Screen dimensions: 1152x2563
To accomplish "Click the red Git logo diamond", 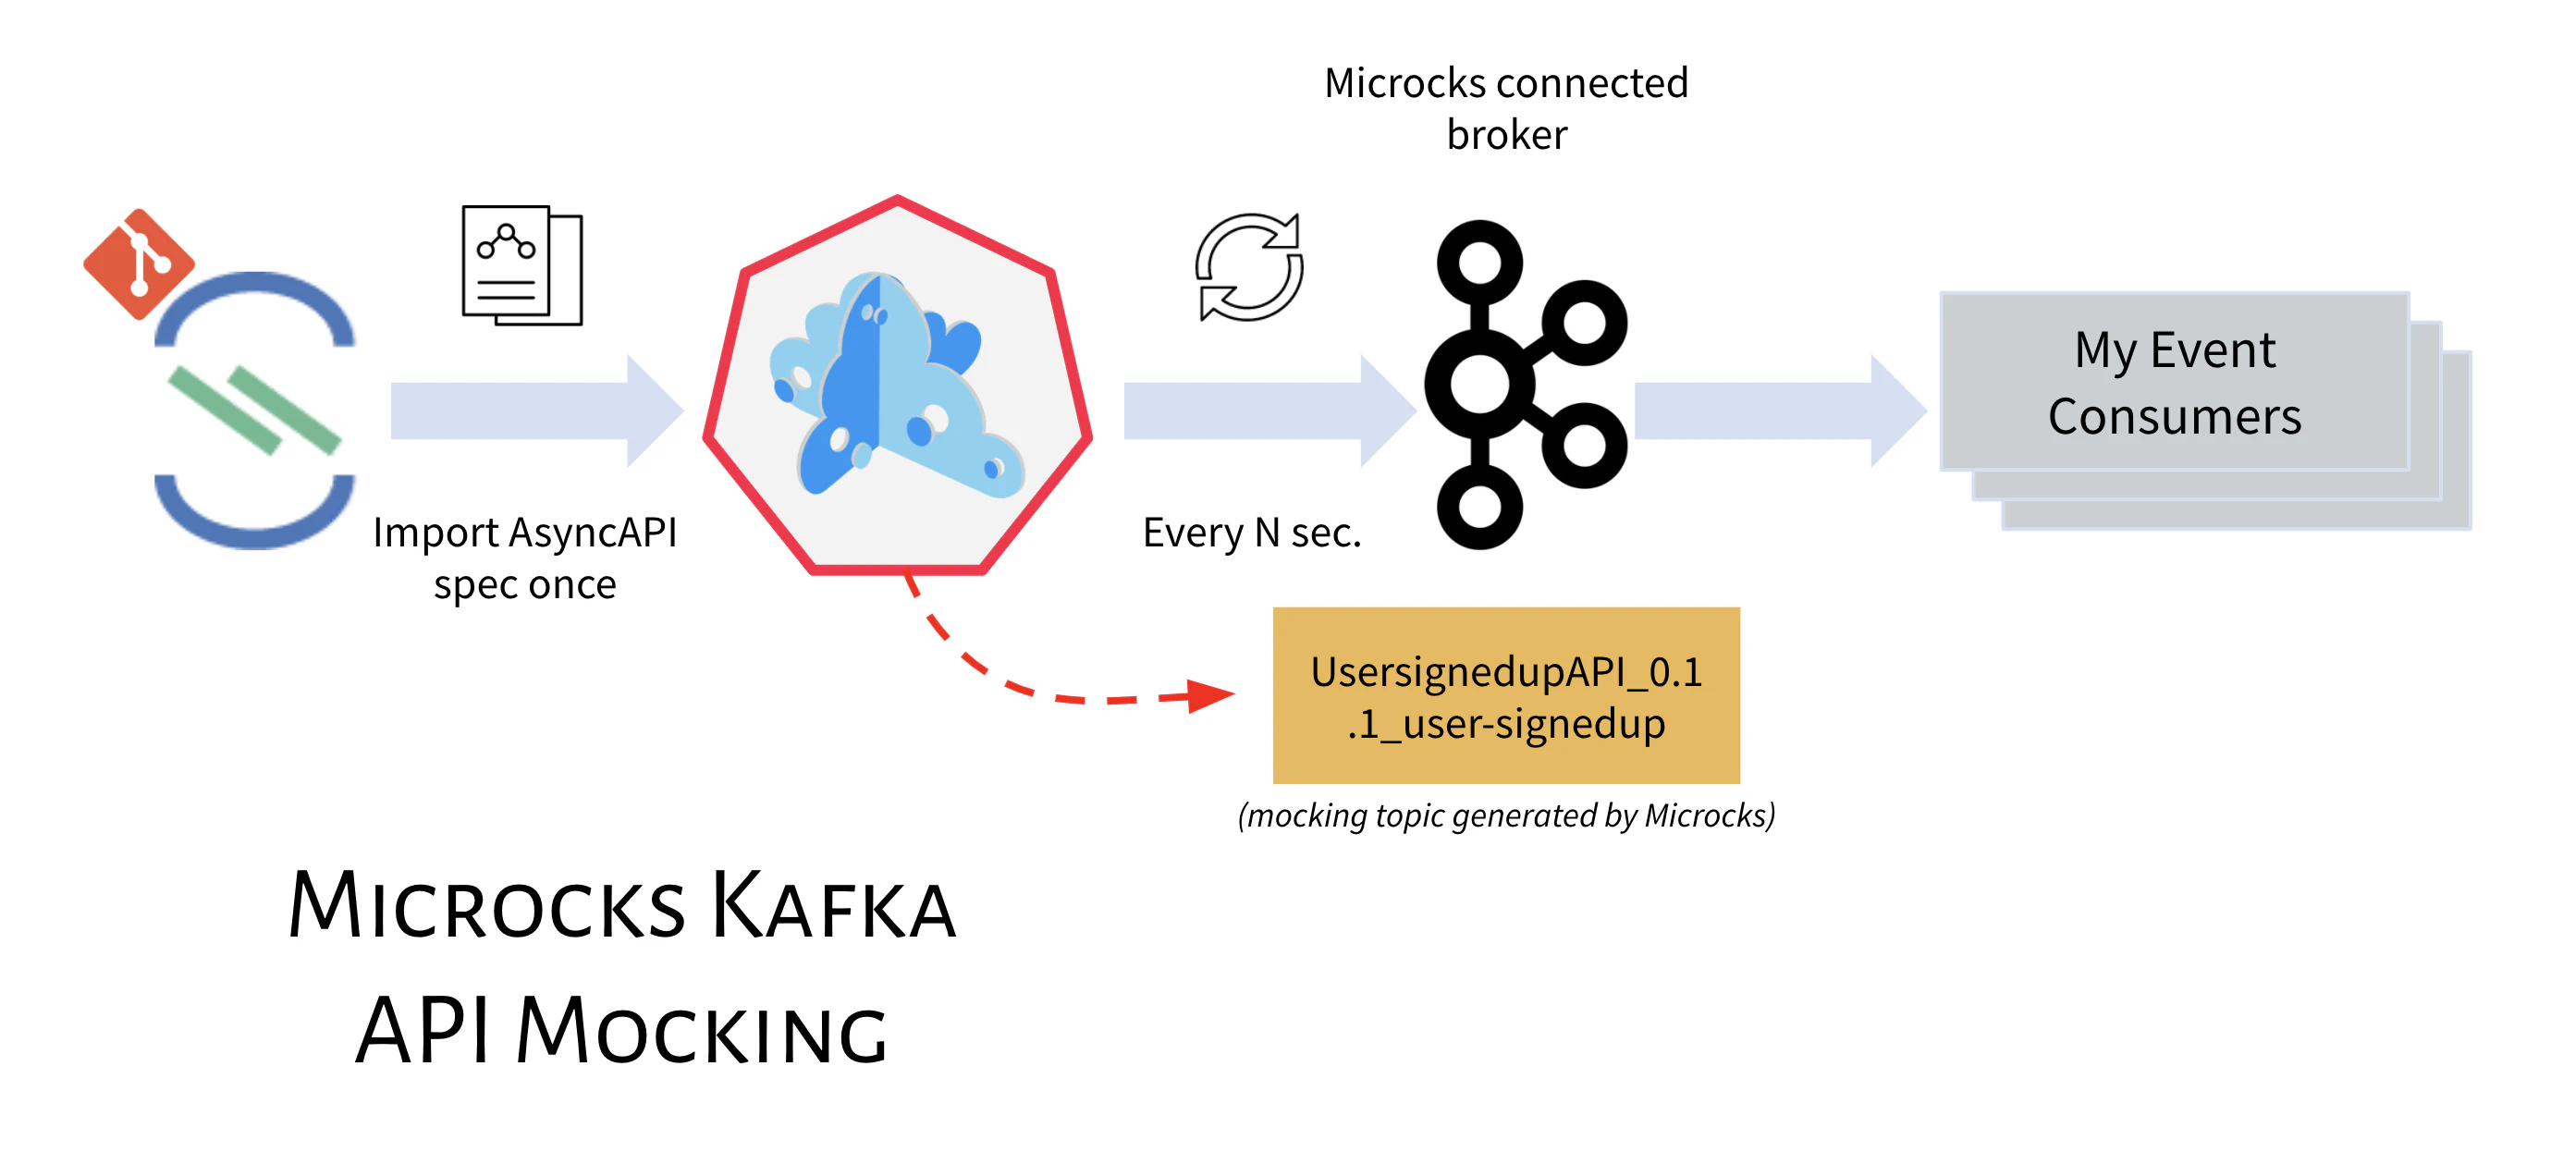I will pos(139,263).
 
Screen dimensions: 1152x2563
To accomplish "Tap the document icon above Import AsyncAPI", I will pos(521,265).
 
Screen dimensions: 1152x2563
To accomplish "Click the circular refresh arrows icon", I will pos(1248,266).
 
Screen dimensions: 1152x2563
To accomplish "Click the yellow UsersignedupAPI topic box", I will pos(1505,695).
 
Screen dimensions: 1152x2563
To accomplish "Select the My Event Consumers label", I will pos(2174,382).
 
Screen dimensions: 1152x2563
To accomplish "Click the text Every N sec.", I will pos(1251,533).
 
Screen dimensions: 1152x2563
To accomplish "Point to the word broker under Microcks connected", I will pos(1506,134).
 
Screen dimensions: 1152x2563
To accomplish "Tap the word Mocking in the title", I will pos(701,1031).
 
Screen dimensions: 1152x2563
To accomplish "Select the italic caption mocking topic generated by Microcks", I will pos(1505,815).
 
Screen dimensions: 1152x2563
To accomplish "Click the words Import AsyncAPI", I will pos(524,533).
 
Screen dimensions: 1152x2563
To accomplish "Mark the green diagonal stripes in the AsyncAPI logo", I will pos(254,410).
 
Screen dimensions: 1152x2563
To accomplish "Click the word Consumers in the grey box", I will pos(2174,416).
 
